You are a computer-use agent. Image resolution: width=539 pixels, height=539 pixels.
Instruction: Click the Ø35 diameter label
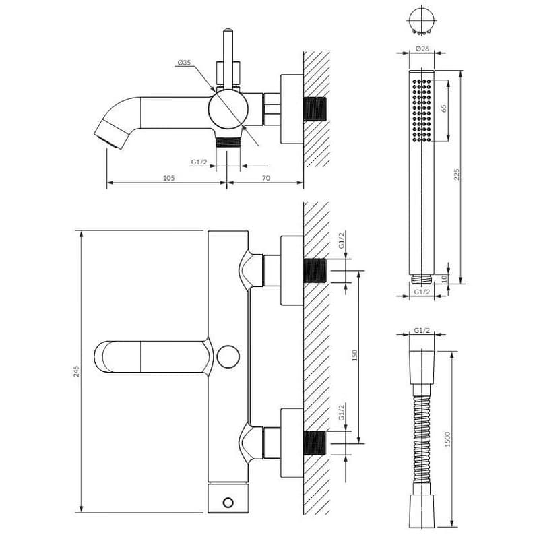(184, 62)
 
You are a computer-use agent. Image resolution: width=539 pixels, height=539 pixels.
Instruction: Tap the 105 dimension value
(169, 178)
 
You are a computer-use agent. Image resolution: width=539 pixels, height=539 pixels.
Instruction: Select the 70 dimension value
(266, 178)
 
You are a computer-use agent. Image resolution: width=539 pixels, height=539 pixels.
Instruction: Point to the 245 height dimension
(76, 371)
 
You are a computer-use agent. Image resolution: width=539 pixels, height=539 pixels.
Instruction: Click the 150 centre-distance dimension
(355, 355)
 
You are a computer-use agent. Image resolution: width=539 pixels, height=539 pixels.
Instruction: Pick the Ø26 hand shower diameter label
(422, 49)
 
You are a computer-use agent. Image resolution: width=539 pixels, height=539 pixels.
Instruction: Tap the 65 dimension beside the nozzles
(444, 108)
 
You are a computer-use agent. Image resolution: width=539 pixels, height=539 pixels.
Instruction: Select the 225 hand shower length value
(457, 175)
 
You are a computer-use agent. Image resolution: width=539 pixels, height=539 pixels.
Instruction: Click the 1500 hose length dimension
(447, 439)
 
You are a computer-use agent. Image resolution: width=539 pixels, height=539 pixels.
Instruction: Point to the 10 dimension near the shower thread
(444, 278)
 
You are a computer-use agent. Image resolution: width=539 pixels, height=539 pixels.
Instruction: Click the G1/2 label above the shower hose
(422, 330)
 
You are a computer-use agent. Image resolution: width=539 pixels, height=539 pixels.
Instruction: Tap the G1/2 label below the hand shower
(422, 292)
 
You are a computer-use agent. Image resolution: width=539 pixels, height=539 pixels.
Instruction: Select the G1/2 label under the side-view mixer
(199, 162)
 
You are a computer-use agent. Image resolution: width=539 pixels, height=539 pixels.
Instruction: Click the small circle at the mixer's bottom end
(228, 503)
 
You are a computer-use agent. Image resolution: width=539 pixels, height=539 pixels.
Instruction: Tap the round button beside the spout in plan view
(228, 356)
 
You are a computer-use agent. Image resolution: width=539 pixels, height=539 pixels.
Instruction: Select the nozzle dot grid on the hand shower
(422, 110)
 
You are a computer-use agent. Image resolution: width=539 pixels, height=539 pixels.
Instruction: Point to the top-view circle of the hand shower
(422, 19)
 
